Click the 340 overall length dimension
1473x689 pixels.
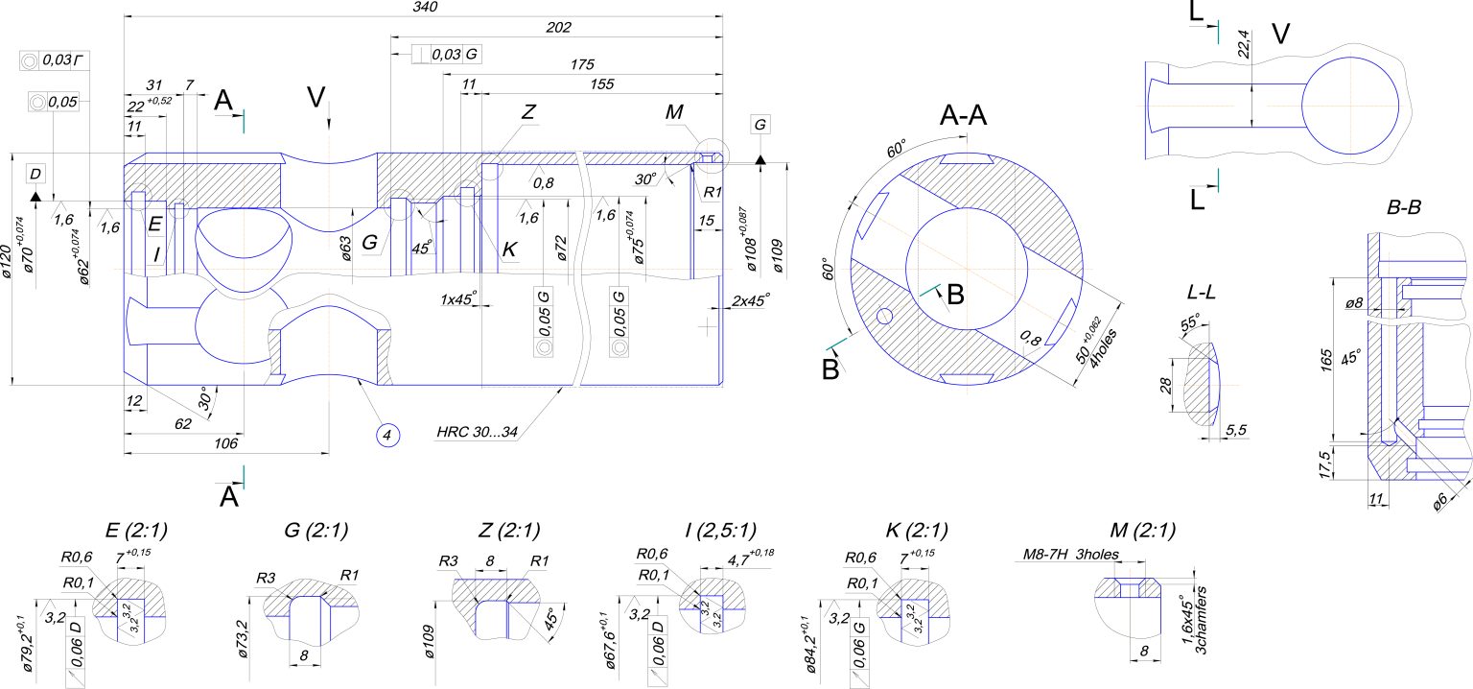tap(425, 8)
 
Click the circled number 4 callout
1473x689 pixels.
tap(386, 435)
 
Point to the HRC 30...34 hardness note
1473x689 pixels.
tap(477, 433)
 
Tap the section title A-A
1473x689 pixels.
tap(964, 117)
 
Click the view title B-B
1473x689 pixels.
tap(1403, 207)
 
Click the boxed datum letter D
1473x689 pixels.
tap(35, 173)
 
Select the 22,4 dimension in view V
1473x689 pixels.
tap(1243, 46)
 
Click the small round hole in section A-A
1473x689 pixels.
tap(884, 315)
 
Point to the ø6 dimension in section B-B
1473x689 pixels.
tap(1441, 501)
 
